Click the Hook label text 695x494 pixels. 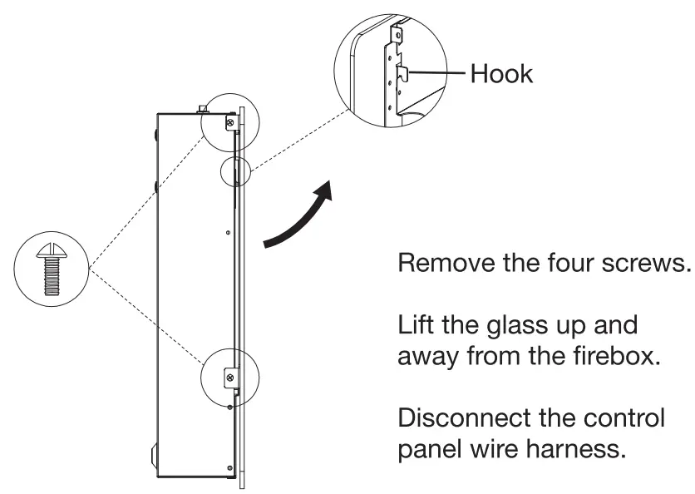coord(502,73)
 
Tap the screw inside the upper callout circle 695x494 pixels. coord(228,122)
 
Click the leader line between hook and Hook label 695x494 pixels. coord(436,73)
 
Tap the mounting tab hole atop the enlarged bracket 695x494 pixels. coord(400,35)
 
